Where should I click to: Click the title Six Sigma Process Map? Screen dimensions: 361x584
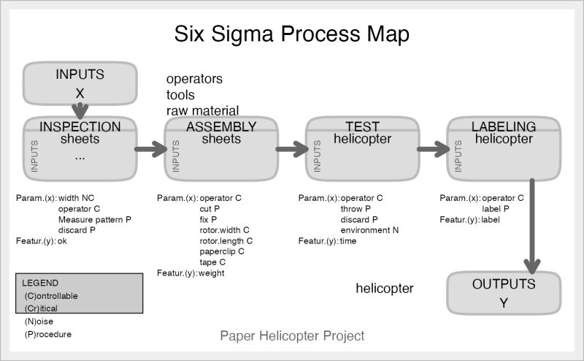[x=291, y=34]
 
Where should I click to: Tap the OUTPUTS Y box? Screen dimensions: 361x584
[x=503, y=292]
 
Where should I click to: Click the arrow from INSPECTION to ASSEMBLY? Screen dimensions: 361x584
[x=151, y=149]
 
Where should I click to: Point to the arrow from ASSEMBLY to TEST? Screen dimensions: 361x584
[x=292, y=149]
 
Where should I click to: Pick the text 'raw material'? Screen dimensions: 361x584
[x=202, y=110]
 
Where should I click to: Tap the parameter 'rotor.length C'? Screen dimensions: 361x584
[x=226, y=240]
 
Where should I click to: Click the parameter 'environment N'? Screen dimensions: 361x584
[x=369, y=230]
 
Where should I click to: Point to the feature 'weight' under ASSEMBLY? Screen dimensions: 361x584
[x=212, y=273]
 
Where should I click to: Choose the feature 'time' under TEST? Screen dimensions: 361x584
[x=348, y=241]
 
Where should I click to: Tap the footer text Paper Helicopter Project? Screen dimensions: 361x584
[x=292, y=336]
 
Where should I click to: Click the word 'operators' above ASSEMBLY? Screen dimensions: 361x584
[x=194, y=78]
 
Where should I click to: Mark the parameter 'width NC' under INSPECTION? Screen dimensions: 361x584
[x=74, y=198]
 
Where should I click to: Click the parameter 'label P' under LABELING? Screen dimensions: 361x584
[x=496, y=208]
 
